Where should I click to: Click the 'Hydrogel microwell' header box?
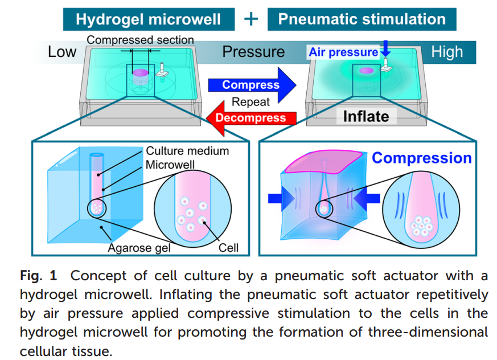pos(148,19)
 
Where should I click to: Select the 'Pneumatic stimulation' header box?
pos(362,19)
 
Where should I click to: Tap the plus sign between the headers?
pos(250,19)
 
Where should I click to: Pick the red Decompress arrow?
pos(250,118)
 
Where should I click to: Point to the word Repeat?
pos(250,102)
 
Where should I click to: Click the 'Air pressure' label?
pos(343,52)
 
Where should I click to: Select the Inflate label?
pos(366,117)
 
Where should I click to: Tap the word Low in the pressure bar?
pos(61,52)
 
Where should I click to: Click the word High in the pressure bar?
pos(447,52)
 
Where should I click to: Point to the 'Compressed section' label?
pos(141,40)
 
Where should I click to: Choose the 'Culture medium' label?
pos(187,151)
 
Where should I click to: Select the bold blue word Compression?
pos(422,158)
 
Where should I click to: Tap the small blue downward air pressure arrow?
pos(386,48)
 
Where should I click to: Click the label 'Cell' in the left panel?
pos(228,248)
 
